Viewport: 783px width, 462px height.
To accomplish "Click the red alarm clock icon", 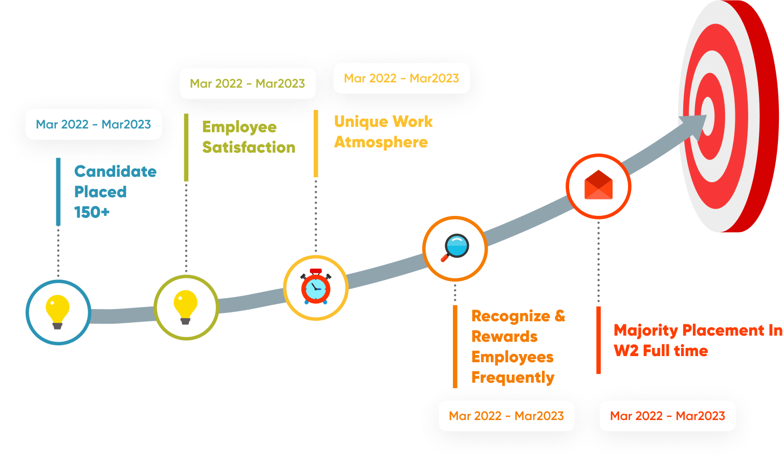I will [x=316, y=288].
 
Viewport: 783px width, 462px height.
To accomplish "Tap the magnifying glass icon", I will [x=454, y=248].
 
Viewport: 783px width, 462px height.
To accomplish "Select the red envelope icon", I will [x=598, y=185].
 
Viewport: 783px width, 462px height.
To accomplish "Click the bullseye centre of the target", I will [x=708, y=114].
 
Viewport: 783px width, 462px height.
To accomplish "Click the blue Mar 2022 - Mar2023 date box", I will [x=94, y=124].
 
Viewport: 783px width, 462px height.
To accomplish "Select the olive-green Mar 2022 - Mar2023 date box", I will [x=247, y=83].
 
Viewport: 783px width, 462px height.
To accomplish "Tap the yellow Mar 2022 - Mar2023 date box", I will [x=401, y=78].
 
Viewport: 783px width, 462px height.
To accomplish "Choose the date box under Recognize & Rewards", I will [x=506, y=416].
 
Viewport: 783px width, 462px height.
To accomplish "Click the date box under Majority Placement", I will [x=667, y=416].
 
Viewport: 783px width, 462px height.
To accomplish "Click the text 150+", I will [x=92, y=212].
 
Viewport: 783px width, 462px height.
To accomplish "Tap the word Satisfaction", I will [x=249, y=147].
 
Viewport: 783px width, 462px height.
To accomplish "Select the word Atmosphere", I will [x=381, y=142].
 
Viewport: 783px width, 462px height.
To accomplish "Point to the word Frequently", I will [x=512, y=378].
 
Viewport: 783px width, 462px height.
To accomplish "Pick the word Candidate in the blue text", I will [x=115, y=171].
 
